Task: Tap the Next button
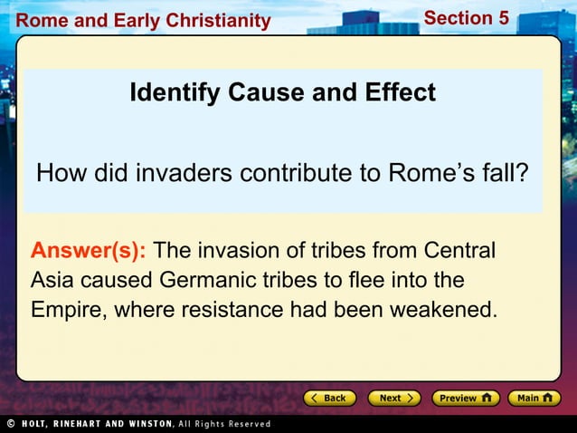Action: (394, 398)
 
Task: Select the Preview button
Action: (465, 398)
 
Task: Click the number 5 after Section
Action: (503, 17)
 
